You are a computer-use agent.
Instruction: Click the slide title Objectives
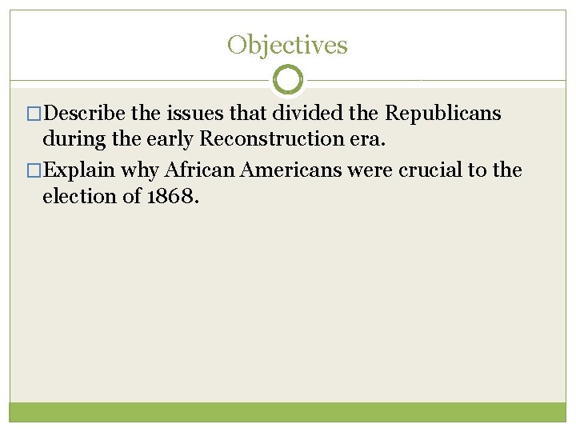287,45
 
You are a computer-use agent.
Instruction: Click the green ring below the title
288,80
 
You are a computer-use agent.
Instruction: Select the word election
82,196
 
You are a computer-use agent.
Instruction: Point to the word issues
209,114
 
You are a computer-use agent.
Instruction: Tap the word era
370,138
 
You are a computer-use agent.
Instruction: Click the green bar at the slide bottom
288,411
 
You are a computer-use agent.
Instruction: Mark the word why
140,170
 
